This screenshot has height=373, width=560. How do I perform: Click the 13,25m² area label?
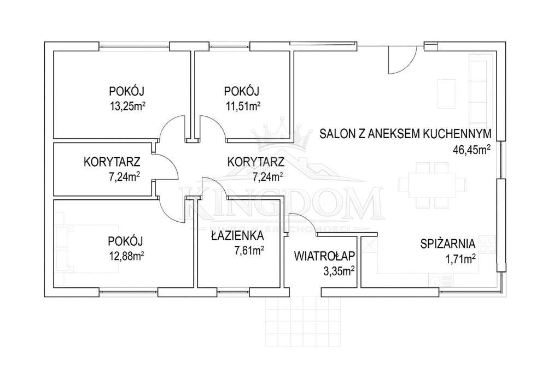pyautogui.click(x=127, y=106)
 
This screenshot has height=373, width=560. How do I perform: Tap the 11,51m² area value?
pyautogui.click(x=242, y=106)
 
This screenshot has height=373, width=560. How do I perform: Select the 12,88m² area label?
pyautogui.click(x=125, y=255)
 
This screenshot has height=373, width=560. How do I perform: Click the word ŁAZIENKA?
pyautogui.click(x=237, y=236)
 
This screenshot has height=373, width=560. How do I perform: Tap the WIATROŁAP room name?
pyautogui.click(x=325, y=256)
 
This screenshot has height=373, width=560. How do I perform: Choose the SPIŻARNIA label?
pyautogui.click(x=448, y=244)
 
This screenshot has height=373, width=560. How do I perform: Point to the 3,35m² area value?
pyautogui.click(x=340, y=270)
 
